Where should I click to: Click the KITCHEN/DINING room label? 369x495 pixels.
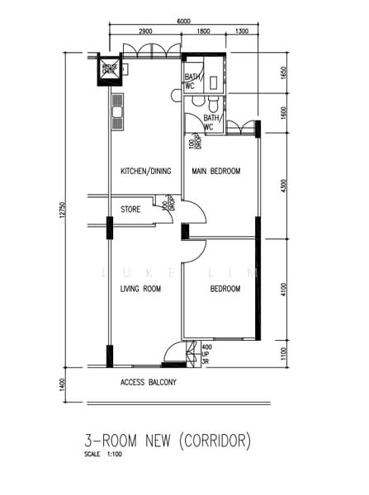145,171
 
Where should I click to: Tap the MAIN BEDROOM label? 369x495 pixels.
215,171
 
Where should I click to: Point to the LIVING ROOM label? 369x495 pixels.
140,289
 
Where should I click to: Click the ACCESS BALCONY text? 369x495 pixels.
149,383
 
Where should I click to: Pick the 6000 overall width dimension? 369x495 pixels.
183,21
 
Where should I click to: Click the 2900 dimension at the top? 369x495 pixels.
145,31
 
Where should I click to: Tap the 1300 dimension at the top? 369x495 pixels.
241,31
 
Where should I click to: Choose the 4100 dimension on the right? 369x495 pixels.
283,290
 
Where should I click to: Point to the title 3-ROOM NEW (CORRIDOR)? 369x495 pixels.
168,441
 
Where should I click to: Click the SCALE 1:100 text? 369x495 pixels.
106,455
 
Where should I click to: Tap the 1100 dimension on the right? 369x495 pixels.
283,352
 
